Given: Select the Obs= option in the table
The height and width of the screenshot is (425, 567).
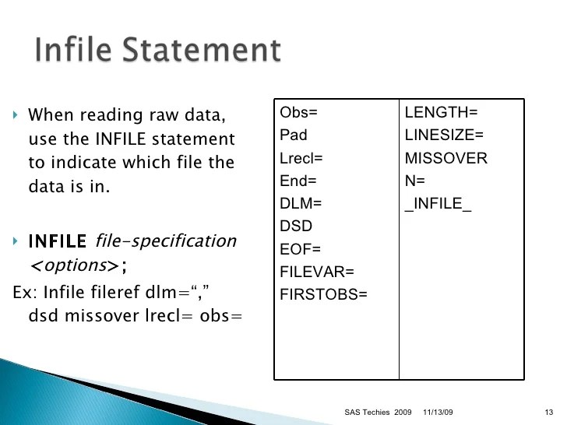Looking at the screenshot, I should tap(298, 112).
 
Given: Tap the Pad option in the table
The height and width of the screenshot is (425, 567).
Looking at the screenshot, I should tap(294, 135).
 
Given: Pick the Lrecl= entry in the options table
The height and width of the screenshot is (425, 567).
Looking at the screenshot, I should tap(301, 158).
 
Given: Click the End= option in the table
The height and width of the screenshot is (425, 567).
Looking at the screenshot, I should tap(298, 181).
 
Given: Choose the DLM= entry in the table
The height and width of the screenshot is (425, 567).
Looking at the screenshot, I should tap(300, 203).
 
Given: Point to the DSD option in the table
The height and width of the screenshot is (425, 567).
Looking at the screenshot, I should tap(295, 226).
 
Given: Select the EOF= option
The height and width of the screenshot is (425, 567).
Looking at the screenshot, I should tap(299, 249).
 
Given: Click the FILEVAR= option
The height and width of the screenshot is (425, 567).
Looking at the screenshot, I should tap(316, 272).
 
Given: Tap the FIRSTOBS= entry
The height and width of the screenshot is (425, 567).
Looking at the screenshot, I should tap(323, 294).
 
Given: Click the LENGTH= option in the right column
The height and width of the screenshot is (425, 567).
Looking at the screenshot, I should tap(441, 112).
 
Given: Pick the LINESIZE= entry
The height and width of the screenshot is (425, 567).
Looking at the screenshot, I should tap(445, 135).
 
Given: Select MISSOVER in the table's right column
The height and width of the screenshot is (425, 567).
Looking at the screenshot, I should tap(446, 158).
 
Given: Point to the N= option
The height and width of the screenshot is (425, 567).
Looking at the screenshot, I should tap(415, 181).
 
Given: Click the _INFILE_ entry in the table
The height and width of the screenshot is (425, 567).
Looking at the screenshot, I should tap(438, 204).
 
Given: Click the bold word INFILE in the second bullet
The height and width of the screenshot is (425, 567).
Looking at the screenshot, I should tap(58, 241).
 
